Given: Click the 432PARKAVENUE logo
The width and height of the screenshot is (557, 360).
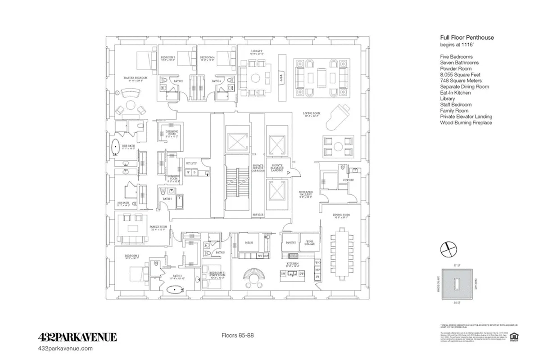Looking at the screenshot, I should pyautogui.click(x=77, y=337).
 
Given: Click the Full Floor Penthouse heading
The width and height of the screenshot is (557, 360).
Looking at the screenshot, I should pyautogui.click(x=466, y=38).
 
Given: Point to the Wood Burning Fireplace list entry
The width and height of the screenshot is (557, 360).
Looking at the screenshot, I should pyautogui.click(x=466, y=122).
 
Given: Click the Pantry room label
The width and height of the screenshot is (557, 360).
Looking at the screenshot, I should pyautogui.click(x=290, y=243).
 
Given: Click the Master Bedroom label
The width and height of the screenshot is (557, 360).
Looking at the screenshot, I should pyautogui.click(x=136, y=78).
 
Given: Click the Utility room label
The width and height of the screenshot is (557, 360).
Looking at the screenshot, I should pyautogui.click(x=191, y=163).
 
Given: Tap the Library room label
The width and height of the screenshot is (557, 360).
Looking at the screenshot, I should pyautogui.click(x=257, y=52).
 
